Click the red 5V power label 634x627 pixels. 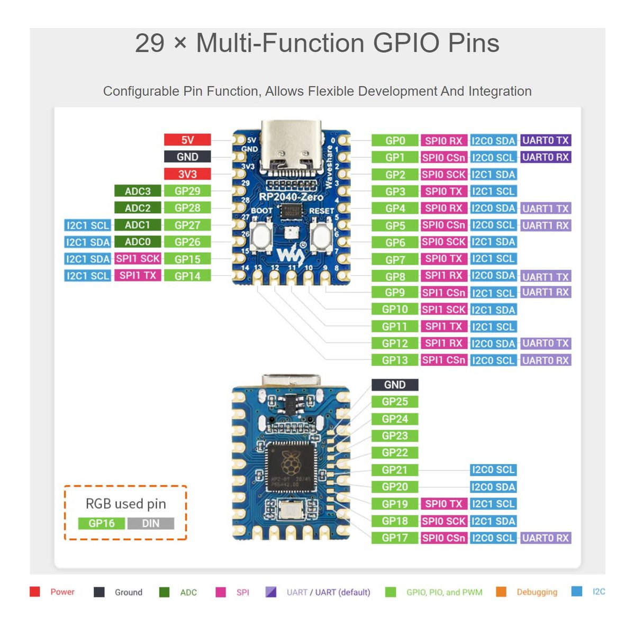(x=187, y=140)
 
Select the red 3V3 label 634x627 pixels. (x=187, y=174)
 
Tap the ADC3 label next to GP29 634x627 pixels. (x=138, y=191)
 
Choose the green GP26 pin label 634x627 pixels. (x=187, y=242)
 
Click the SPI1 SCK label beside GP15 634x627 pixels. (x=138, y=259)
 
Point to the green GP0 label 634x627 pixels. (x=395, y=141)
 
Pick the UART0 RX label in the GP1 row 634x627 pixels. (x=545, y=157)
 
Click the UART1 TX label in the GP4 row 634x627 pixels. (x=545, y=208)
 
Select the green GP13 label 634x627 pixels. (x=395, y=360)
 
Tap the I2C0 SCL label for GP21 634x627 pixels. (x=493, y=470)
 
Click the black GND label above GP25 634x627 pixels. (x=395, y=385)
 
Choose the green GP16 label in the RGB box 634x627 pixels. (x=102, y=523)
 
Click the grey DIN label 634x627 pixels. (x=151, y=523)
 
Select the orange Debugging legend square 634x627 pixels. (x=501, y=592)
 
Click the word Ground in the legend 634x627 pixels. (x=129, y=592)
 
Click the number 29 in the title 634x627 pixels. (x=149, y=43)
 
